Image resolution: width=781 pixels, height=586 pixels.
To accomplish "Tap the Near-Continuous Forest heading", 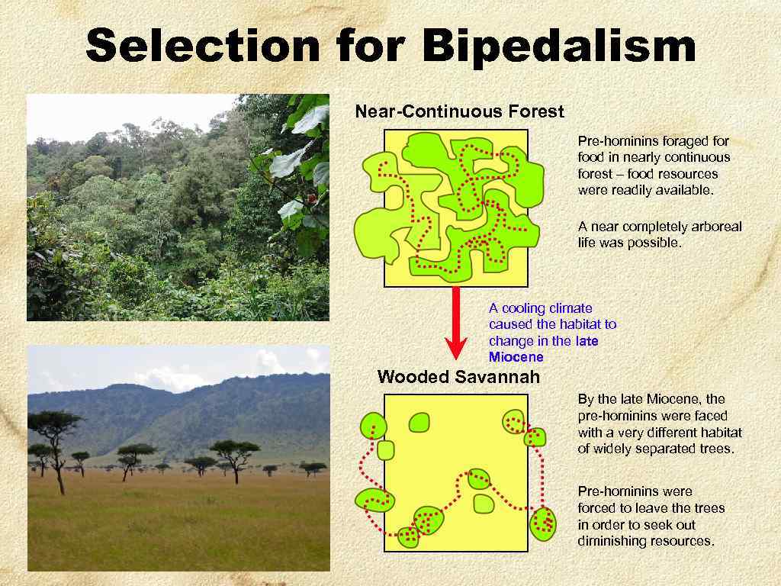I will tap(459, 112).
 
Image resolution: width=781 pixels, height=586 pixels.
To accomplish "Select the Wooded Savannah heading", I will tap(458, 377).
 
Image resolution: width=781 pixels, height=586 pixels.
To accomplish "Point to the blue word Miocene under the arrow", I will tap(516, 357).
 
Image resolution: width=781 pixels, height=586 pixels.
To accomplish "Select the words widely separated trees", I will tap(663, 449).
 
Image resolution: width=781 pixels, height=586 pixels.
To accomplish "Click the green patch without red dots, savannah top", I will tap(419, 422).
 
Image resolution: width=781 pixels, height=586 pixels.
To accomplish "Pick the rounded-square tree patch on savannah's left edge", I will tap(386, 450).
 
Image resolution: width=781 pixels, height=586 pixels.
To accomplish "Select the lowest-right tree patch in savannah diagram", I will tap(543, 523).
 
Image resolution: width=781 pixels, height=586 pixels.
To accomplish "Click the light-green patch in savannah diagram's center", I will tap(484, 504).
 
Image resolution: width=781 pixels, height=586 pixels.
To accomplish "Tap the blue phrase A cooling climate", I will tap(540, 308).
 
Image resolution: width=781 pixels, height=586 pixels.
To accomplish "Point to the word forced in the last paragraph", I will tap(597, 508).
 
